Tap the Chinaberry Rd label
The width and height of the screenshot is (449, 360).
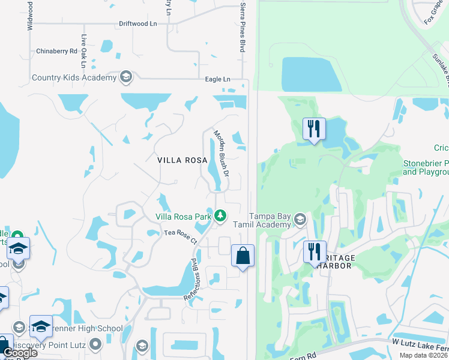coord(57,51)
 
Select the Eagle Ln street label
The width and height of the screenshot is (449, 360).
coord(217,79)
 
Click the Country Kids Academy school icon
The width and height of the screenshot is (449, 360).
coord(126,77)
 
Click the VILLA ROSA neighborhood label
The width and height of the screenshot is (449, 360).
coord(182,160)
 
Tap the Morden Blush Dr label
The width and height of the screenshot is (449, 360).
coord(221,152)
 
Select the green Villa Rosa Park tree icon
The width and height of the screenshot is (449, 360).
coord(220,215)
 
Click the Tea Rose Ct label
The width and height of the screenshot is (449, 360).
coord(180,236)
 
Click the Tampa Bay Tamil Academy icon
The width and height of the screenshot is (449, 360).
coord(300,220)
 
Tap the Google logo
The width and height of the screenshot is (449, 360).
coord(20,353)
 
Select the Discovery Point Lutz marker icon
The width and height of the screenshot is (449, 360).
coord(95,344)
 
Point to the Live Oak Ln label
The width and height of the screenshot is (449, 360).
coord(84,47)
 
